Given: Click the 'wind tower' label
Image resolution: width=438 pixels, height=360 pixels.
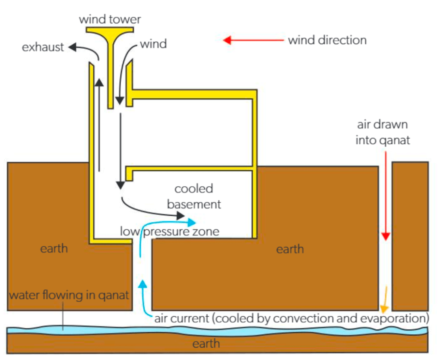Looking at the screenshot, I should click(110, 19).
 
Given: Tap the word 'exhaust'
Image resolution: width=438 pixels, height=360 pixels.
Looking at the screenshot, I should click(43, 47).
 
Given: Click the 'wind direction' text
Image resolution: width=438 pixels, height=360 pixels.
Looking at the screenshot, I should click(327, 41).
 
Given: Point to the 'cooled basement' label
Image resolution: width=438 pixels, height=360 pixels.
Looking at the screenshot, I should click(194, 196).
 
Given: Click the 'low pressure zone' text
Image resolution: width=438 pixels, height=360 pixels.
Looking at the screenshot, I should click(169, 232).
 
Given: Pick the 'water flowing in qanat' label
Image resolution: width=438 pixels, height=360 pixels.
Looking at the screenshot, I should click(69, 295).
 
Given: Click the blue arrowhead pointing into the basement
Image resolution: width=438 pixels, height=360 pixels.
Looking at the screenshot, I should click(192, 222).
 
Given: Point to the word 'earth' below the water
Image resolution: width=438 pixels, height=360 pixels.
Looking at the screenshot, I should click(206, 343).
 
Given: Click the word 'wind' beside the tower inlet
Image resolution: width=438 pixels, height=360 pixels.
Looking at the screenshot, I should click(153, 44).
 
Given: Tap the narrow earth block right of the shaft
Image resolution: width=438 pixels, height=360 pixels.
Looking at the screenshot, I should click(410, 235).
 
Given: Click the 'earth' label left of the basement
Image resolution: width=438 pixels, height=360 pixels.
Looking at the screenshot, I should click(54, 249).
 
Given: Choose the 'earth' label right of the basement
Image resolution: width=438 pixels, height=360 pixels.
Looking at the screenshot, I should click(290, 249).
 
